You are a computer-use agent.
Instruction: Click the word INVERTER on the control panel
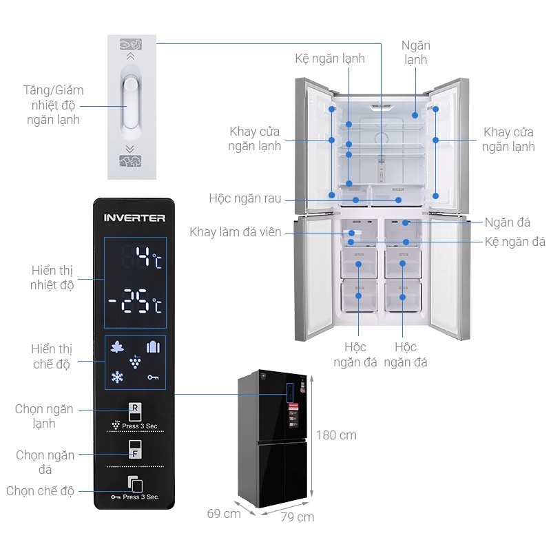point(134,218)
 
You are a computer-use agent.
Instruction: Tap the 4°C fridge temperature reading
point(149,257)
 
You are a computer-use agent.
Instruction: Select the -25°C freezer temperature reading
point(135,302)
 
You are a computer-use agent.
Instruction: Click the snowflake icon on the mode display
point(117,377)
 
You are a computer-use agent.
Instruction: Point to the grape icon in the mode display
point(135,362)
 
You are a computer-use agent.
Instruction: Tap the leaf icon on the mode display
point(117,348)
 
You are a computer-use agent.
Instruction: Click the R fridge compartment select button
point(135,411)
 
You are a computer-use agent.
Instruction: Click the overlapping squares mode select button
point(135,484)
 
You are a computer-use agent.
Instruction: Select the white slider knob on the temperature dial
point(130,85)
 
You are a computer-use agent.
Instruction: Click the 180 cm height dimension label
point(336,435)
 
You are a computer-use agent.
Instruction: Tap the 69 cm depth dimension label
point(224,514)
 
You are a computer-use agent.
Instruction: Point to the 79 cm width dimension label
point(298,517)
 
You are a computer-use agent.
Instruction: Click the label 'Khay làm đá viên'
point(236,232)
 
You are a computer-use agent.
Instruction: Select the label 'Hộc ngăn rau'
point(245,198)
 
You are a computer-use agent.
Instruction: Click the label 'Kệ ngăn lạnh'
point(330,59)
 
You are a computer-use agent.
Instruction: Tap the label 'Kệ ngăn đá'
point(514,242)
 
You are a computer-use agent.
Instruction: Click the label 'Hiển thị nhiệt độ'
point(52,278)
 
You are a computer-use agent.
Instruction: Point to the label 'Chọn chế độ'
point(40,491)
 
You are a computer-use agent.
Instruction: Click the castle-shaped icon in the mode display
point(153,347)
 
